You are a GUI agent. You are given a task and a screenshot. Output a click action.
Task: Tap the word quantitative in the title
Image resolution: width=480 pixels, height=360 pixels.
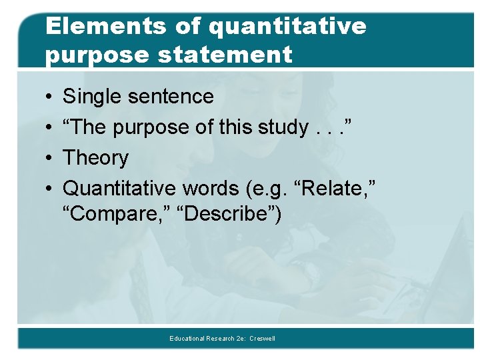click(x=287, y=26)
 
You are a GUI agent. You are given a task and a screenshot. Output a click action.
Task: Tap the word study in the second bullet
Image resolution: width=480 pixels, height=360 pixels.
click(x=280, y=127)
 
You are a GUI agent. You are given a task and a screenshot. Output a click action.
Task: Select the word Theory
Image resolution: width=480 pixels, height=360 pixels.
click(x=95, y=158)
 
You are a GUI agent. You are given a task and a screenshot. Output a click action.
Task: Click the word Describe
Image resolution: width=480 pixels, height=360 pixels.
click(x=226, y=215)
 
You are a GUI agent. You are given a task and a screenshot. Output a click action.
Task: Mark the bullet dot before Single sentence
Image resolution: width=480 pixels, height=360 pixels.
click(x=50, y=97)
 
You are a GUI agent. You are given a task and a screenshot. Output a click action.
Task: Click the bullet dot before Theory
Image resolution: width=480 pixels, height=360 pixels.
click(x=50, y=159)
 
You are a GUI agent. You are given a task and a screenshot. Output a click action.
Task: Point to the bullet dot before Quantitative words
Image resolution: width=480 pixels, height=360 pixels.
click(x=50, y=189)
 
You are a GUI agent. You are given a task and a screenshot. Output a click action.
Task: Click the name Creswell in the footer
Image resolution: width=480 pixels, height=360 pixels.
click(x=262, y=339)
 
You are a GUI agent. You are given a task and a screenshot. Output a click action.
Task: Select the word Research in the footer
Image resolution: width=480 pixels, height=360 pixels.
click(x=221, y=339)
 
